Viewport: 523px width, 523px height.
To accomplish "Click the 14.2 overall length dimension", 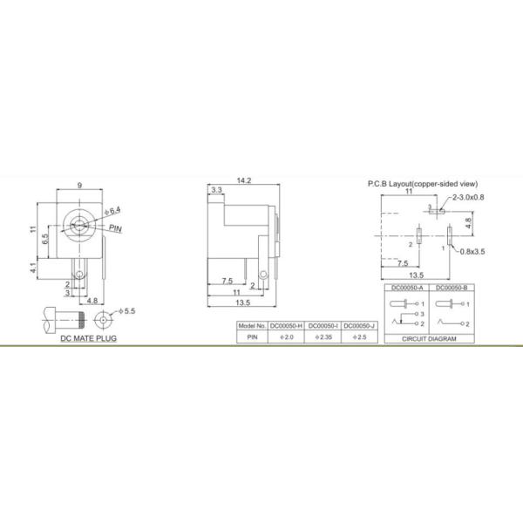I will (x=243, y=180).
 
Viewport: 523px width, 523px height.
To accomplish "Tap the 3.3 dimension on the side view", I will (x=217, y=189).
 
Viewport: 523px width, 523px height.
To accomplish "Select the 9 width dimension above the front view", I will (x=79, y=185).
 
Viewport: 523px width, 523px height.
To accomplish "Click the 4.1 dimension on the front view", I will (x=32, y=269).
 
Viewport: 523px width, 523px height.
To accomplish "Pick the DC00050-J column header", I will (x=359, y=326).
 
